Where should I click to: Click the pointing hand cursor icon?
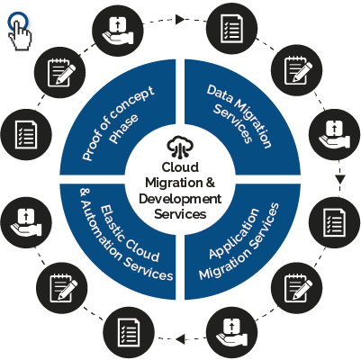tap(20, 31)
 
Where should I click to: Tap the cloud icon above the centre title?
tap(180, 147)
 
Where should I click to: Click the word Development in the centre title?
tap(180, 199)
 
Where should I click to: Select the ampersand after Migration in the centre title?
tap(211, 182)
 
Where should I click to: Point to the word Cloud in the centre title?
tap(180, 167)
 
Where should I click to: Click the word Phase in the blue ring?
tap(123, 129)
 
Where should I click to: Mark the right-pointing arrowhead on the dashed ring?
tap(179, 20)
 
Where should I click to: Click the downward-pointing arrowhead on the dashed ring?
tap(339, 179)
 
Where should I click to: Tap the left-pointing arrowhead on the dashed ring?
tap(180, 339)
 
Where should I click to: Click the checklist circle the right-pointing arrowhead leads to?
tap(231, 29)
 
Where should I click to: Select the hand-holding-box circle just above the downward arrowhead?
tap(334, 134)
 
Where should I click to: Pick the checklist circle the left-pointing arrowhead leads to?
tap(129, 331)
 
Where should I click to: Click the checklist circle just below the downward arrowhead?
tap(334, 222)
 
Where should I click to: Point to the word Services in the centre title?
tap(180, 214)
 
